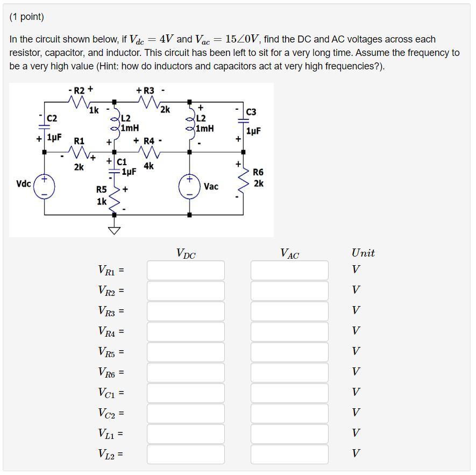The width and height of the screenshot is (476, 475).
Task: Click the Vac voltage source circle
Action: (189, 186)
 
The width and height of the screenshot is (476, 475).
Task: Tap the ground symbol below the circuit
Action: (114, 231)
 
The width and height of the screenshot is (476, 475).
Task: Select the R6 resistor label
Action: (258, 172)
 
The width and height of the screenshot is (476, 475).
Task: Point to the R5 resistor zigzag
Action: (114, 199)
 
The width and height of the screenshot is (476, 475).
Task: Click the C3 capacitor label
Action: (251, 112)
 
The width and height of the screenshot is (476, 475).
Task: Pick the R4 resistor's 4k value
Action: (148, 166)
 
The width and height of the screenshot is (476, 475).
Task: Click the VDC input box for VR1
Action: (186, 270)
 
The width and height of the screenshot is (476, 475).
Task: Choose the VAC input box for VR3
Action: (289, 311)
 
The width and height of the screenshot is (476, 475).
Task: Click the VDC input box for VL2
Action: (186, 454)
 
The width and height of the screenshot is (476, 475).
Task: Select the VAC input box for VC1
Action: (289, 393)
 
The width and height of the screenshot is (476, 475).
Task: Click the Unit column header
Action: (363, 253)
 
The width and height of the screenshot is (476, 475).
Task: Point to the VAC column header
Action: (289, 253)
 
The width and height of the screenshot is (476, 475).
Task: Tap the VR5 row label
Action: (111, 352)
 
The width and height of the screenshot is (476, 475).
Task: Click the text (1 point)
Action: (27, 17)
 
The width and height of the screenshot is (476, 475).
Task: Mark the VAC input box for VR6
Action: (289, 372)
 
